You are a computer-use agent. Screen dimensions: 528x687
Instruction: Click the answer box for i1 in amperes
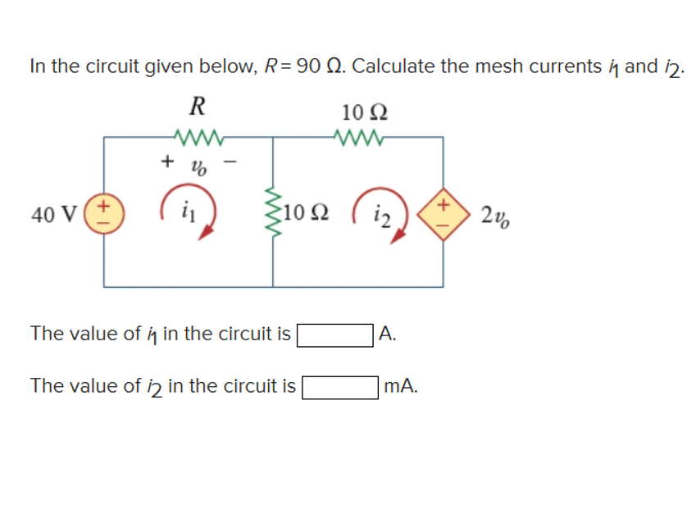(x=336, y=335)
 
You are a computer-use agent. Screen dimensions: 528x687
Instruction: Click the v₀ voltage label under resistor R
(x=199, y=166)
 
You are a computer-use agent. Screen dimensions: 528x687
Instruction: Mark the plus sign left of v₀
(x=166, y=162)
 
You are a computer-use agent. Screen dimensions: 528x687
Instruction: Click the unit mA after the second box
(x=400, y=386)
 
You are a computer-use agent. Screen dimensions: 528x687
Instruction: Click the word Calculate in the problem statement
(x=394, y=66)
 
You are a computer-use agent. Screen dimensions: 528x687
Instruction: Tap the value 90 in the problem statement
(x=309, y=66)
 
